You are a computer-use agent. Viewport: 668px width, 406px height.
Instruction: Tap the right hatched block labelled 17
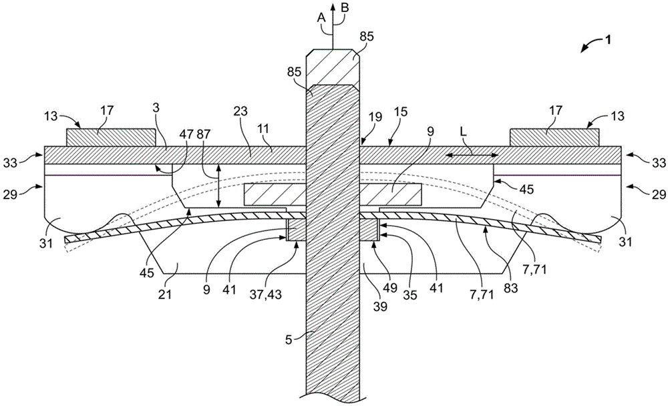(554, 137)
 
